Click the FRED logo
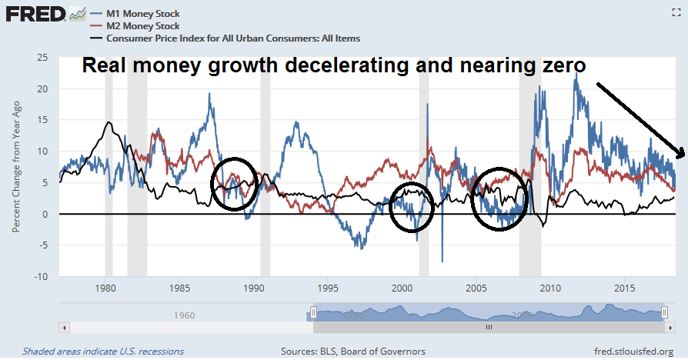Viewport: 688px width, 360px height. coord(35,14)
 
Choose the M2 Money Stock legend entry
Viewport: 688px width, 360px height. coord(143,26)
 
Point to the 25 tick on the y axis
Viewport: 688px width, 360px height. coord(42,57)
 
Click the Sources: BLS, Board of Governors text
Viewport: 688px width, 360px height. coord(353,351)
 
